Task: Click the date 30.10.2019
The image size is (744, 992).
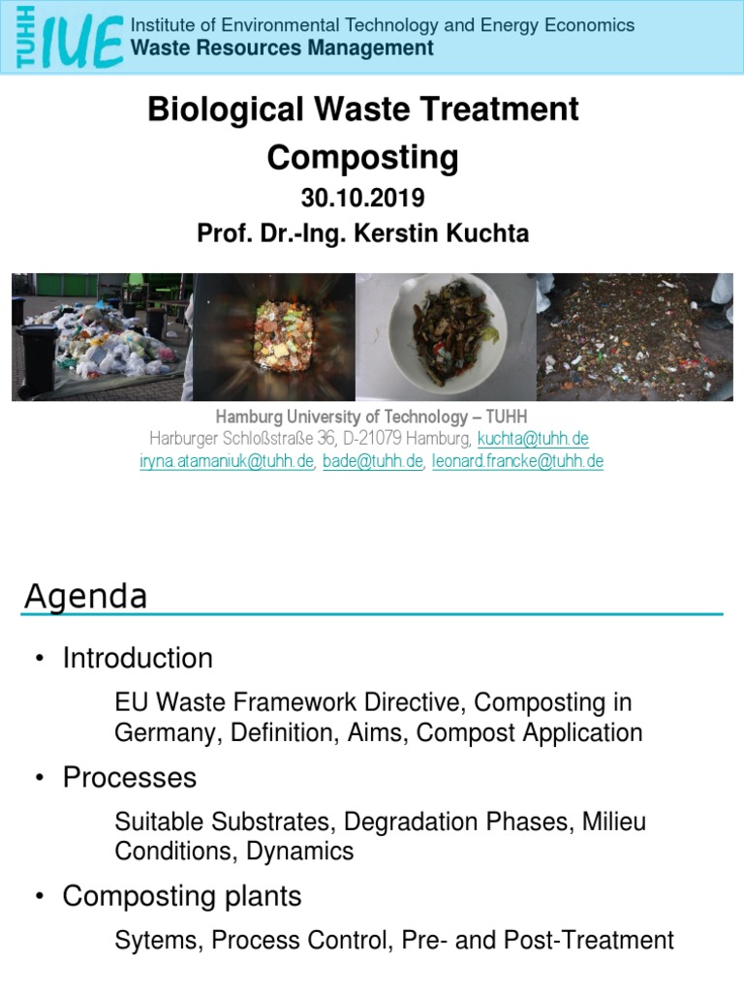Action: (x=362, y=199)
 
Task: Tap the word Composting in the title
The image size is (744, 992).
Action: (x=362, y=157)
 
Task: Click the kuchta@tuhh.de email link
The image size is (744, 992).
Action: (x=533, y=439)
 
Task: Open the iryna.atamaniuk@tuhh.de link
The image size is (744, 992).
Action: (x=227, y=461)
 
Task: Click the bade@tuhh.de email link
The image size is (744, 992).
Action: (x=373, y=461)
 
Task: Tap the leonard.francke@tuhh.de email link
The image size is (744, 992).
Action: (x=517, y=461)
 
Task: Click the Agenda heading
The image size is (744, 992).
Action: (x=85, y=596)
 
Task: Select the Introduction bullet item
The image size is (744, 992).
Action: (x=138, y=659)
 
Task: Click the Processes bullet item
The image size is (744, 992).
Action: (x=130, y=778)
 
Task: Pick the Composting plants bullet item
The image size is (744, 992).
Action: (x=182, y=897)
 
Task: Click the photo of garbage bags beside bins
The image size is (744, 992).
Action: (x=102, y=337)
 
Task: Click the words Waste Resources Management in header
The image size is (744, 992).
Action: (x=282, y=47)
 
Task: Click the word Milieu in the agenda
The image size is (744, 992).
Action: (x=613, y=822)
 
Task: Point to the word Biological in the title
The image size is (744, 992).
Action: (x=210, y=108)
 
